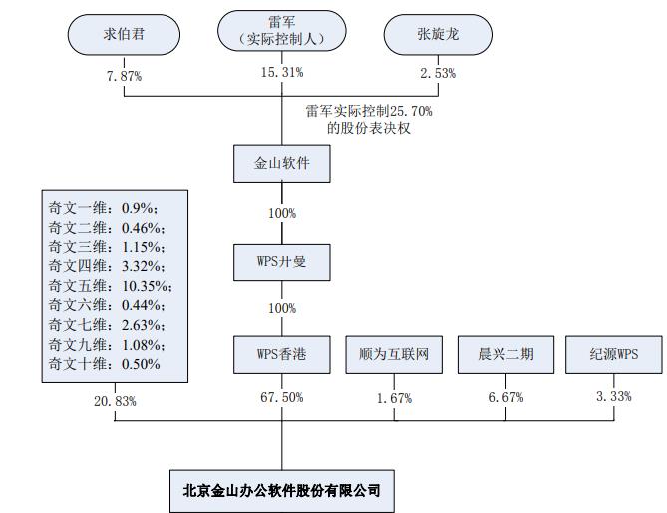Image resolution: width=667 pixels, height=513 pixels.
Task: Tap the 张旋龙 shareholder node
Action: coord(436,35)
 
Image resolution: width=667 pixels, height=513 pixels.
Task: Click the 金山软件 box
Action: coord(281,163)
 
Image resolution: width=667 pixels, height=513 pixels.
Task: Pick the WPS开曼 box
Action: coord(281,262)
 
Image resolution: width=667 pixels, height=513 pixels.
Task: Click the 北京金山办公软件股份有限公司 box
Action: coord(282,490)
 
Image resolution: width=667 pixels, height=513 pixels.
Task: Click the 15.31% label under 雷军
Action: coord(282,72)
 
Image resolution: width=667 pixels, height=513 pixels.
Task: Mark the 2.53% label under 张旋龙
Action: coord(439,72)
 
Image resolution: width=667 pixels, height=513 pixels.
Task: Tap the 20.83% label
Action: coord(115,400)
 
